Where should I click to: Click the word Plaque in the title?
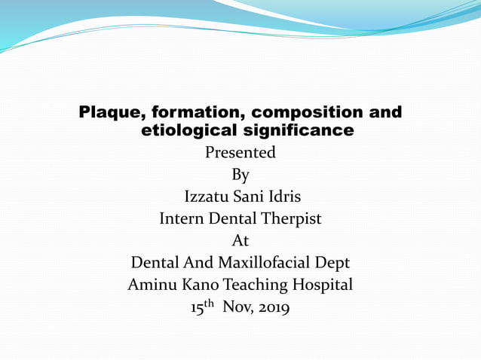tap(111, 114)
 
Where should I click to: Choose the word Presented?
tap(240, 153)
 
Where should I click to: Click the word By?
tap(240, 175)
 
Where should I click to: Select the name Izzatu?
tap(207, 197)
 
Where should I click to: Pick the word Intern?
tap(182, 219)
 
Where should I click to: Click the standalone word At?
tap(240, 241)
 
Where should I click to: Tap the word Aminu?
tap(154, 285)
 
